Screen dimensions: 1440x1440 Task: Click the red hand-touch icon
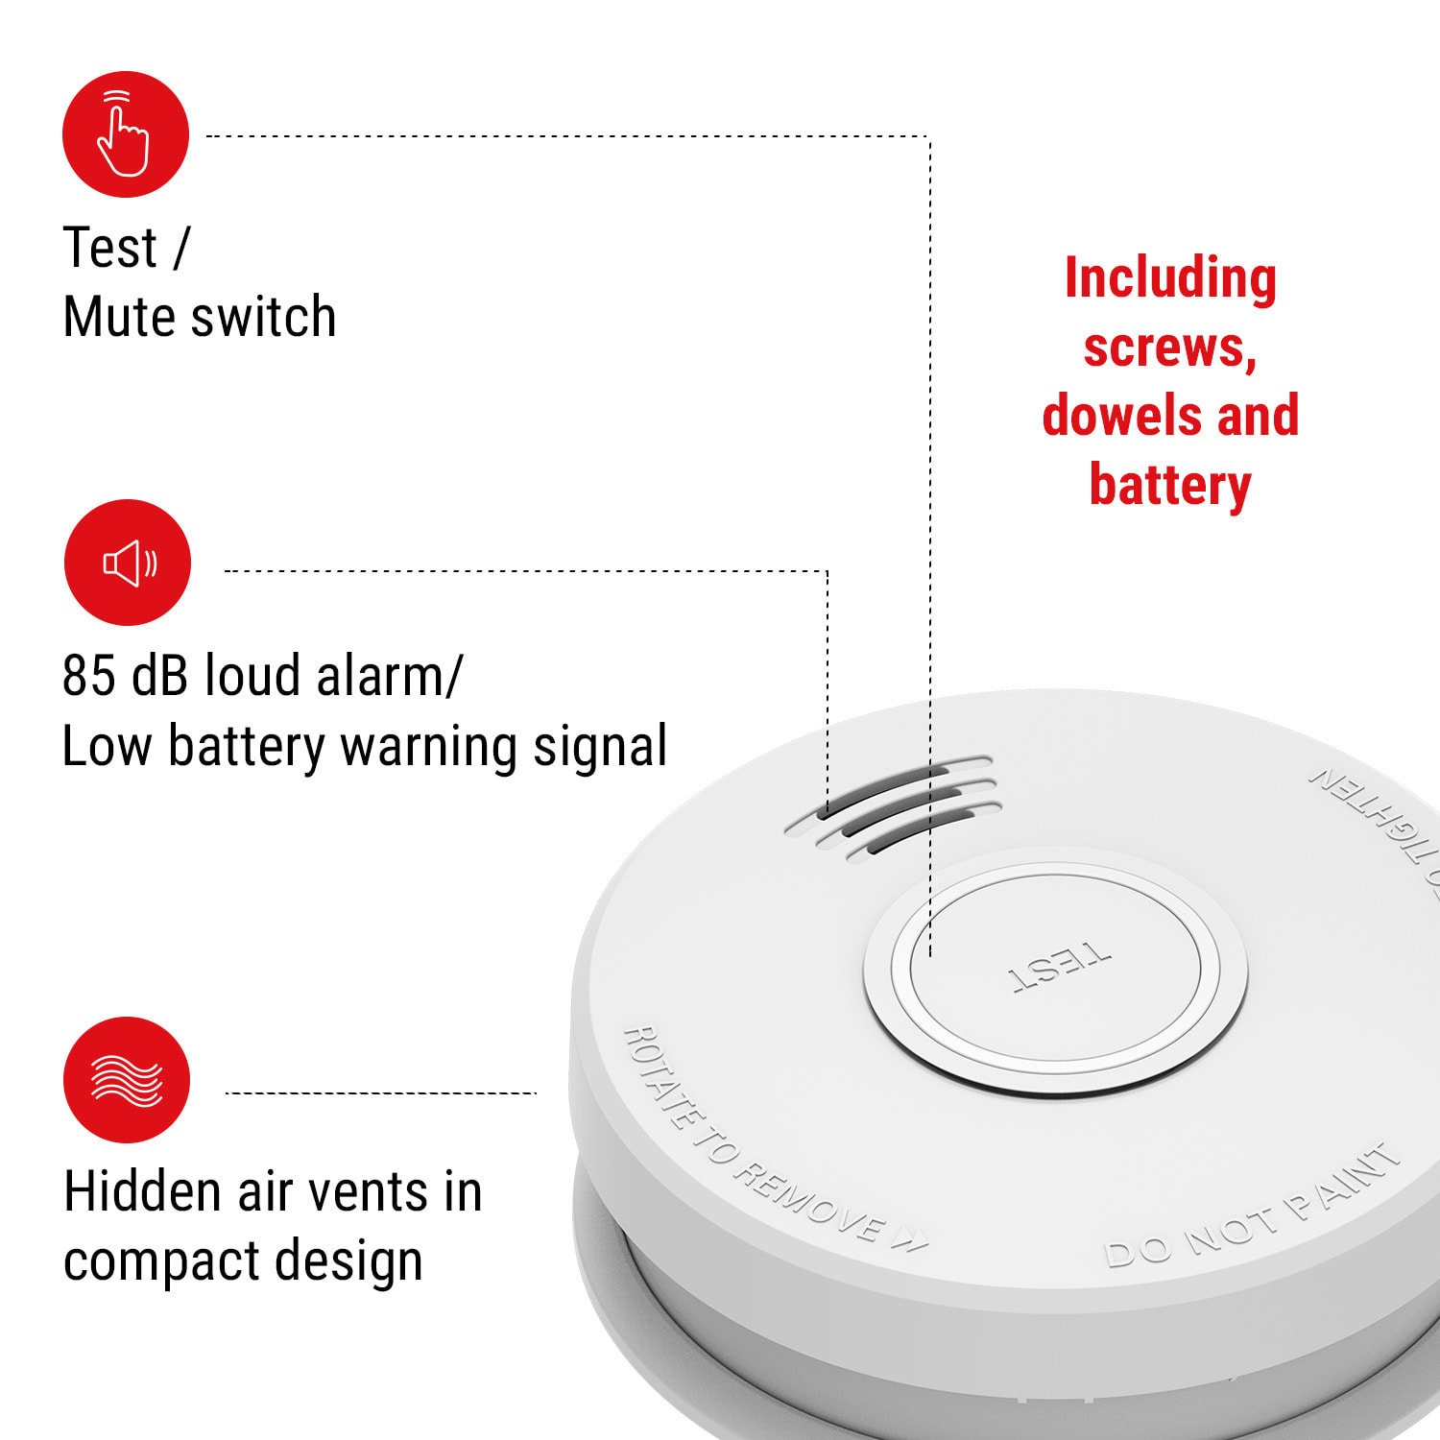(126, 134)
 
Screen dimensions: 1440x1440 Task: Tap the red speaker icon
(128, 563)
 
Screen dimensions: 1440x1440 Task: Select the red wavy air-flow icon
(127, 1080)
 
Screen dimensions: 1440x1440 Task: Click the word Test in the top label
(109, 248)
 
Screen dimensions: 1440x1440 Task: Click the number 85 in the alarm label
(89, 675)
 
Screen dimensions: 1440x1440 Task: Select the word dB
(159, 675)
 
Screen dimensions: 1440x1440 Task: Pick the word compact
(148, 1261)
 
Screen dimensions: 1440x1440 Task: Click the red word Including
(1170, 278)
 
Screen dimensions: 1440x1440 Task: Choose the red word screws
(1169, 348)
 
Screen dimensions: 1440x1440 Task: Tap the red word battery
(1169, 485)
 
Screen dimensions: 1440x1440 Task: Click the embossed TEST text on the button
(1059, 966)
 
